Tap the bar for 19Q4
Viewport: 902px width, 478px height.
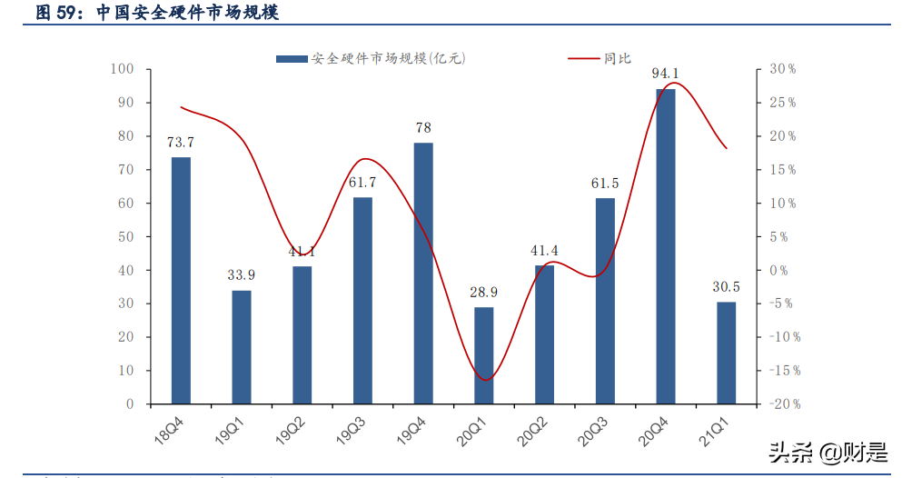[x=423, y=273]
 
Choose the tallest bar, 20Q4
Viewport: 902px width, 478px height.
[x=666, y=245]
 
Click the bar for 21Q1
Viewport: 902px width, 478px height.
[x=726, y=353]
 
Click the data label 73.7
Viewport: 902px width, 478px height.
[x=181, y=143]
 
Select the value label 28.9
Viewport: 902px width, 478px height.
[x=484, y=293]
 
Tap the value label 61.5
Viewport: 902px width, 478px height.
[x=605, y=184]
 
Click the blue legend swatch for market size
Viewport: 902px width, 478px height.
[x=292, y=58]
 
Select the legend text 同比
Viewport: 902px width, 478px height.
[x=617, y=58]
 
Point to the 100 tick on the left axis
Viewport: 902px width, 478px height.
[x=122, y=69]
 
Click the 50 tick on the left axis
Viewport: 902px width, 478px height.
[x=125, y=236]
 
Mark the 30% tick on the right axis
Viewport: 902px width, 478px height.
[x=782, y=69]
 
